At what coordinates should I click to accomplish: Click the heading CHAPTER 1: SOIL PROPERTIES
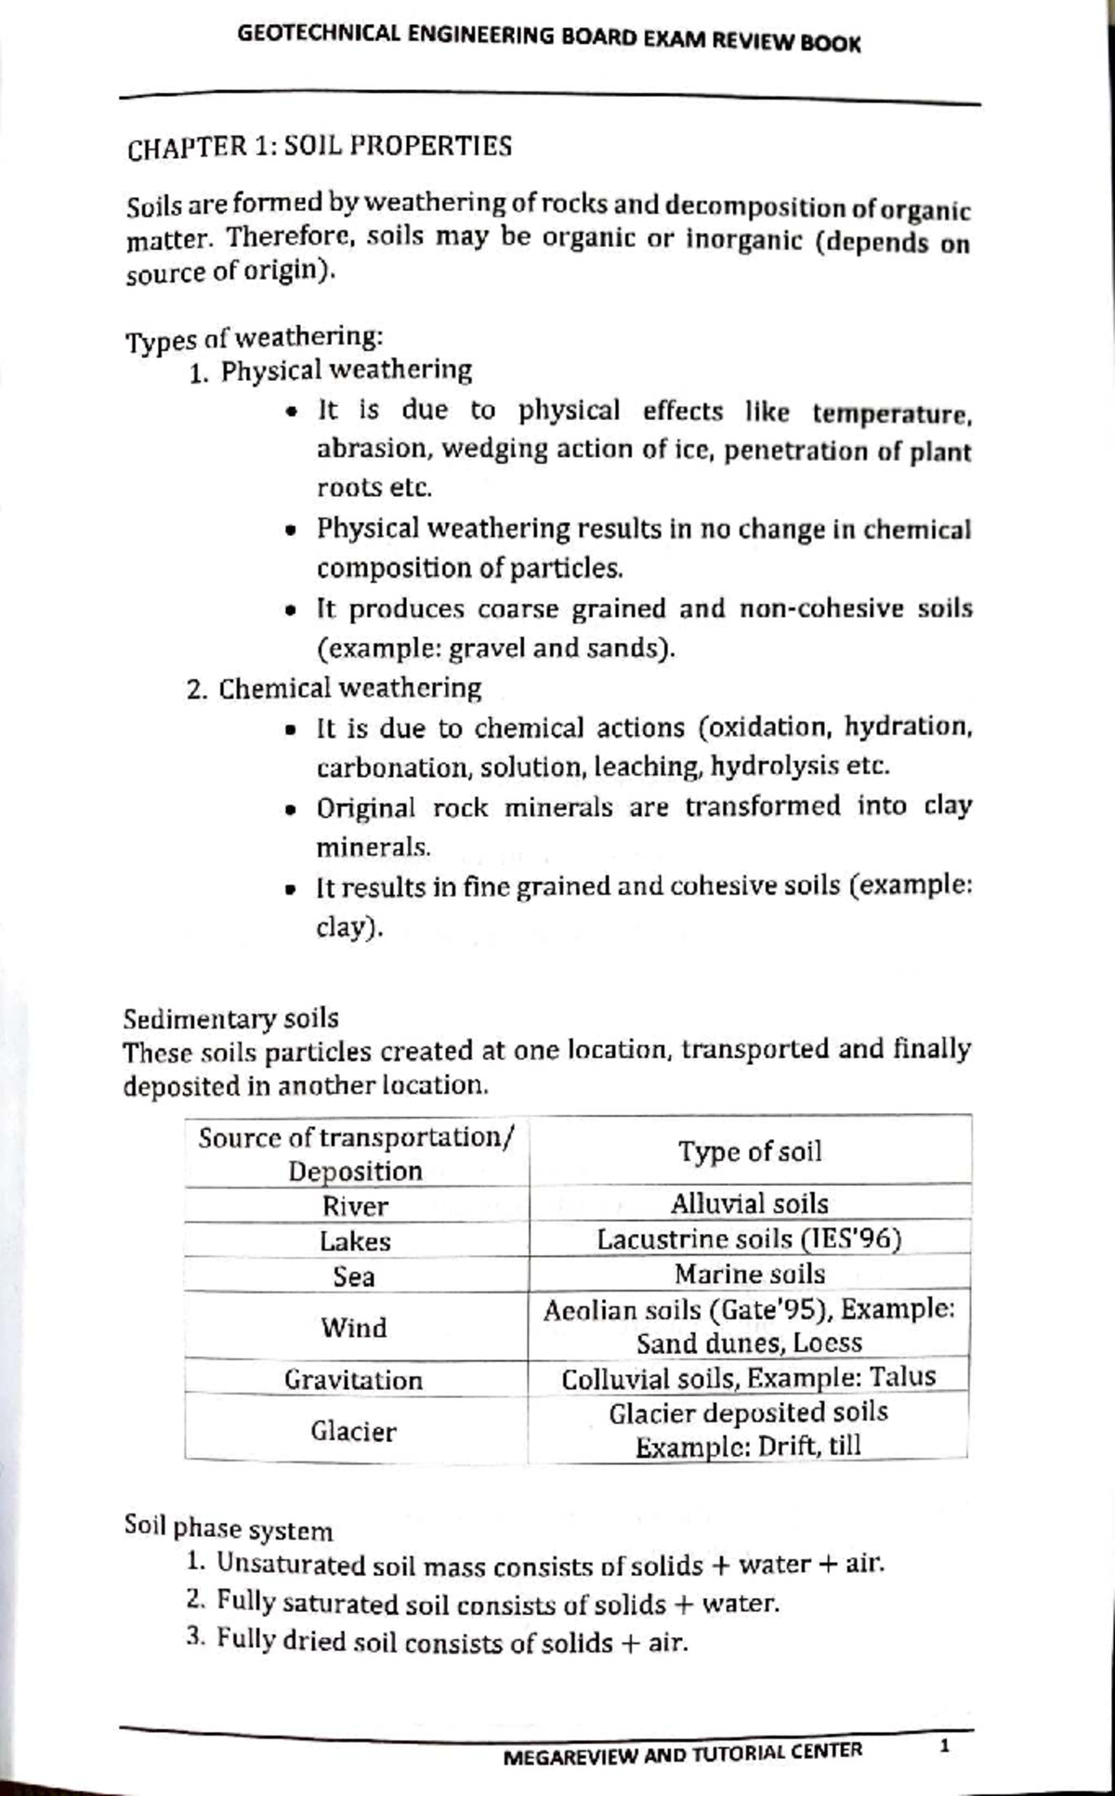coord(320,147)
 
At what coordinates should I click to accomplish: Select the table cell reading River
coord(355,1206)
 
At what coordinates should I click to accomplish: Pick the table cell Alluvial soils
coord(749,1204)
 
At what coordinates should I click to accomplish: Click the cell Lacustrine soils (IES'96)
coord(749,1239)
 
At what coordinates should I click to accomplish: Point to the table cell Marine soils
coord(749,1274)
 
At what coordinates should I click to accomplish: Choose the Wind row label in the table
coord(354,1327)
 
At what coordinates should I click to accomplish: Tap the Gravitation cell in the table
coord(354,1380)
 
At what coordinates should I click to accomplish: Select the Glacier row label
coord(353,1431)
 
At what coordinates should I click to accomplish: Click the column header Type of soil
coord(749,1152)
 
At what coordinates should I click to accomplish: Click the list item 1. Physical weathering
coord(330,372)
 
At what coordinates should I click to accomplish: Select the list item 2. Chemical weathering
coord(334,689)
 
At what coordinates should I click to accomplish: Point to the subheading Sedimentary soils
coord(231,1018)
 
